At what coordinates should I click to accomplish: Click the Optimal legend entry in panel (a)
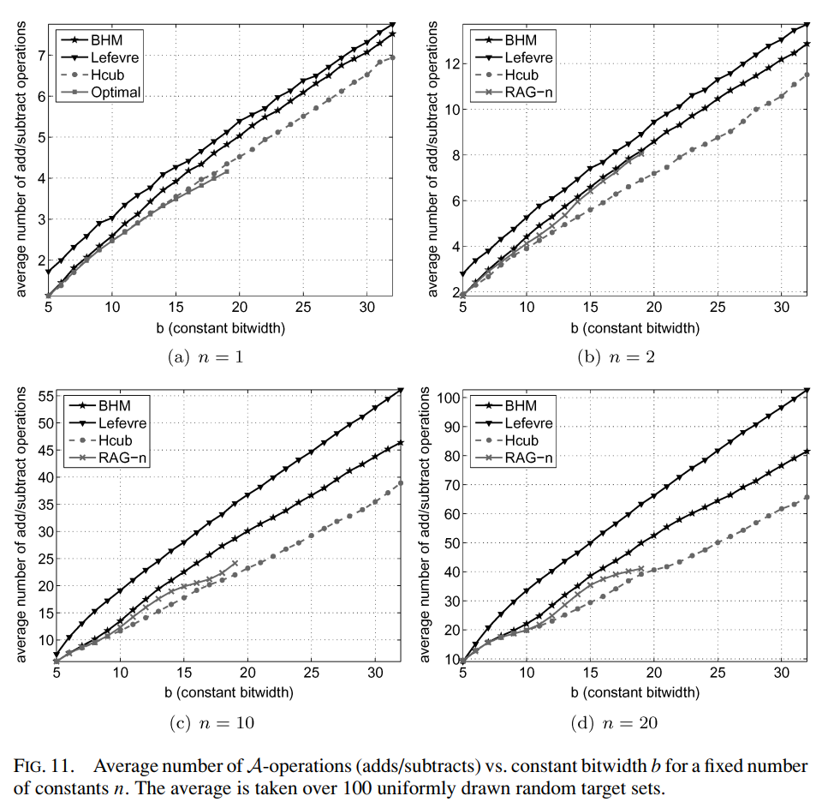click(x=115, y=93)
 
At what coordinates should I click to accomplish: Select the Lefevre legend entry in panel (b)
click(x=528, y=57)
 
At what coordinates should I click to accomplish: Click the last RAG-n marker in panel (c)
click(x=235, y=564)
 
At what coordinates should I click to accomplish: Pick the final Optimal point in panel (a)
click(x=227, y=171)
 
